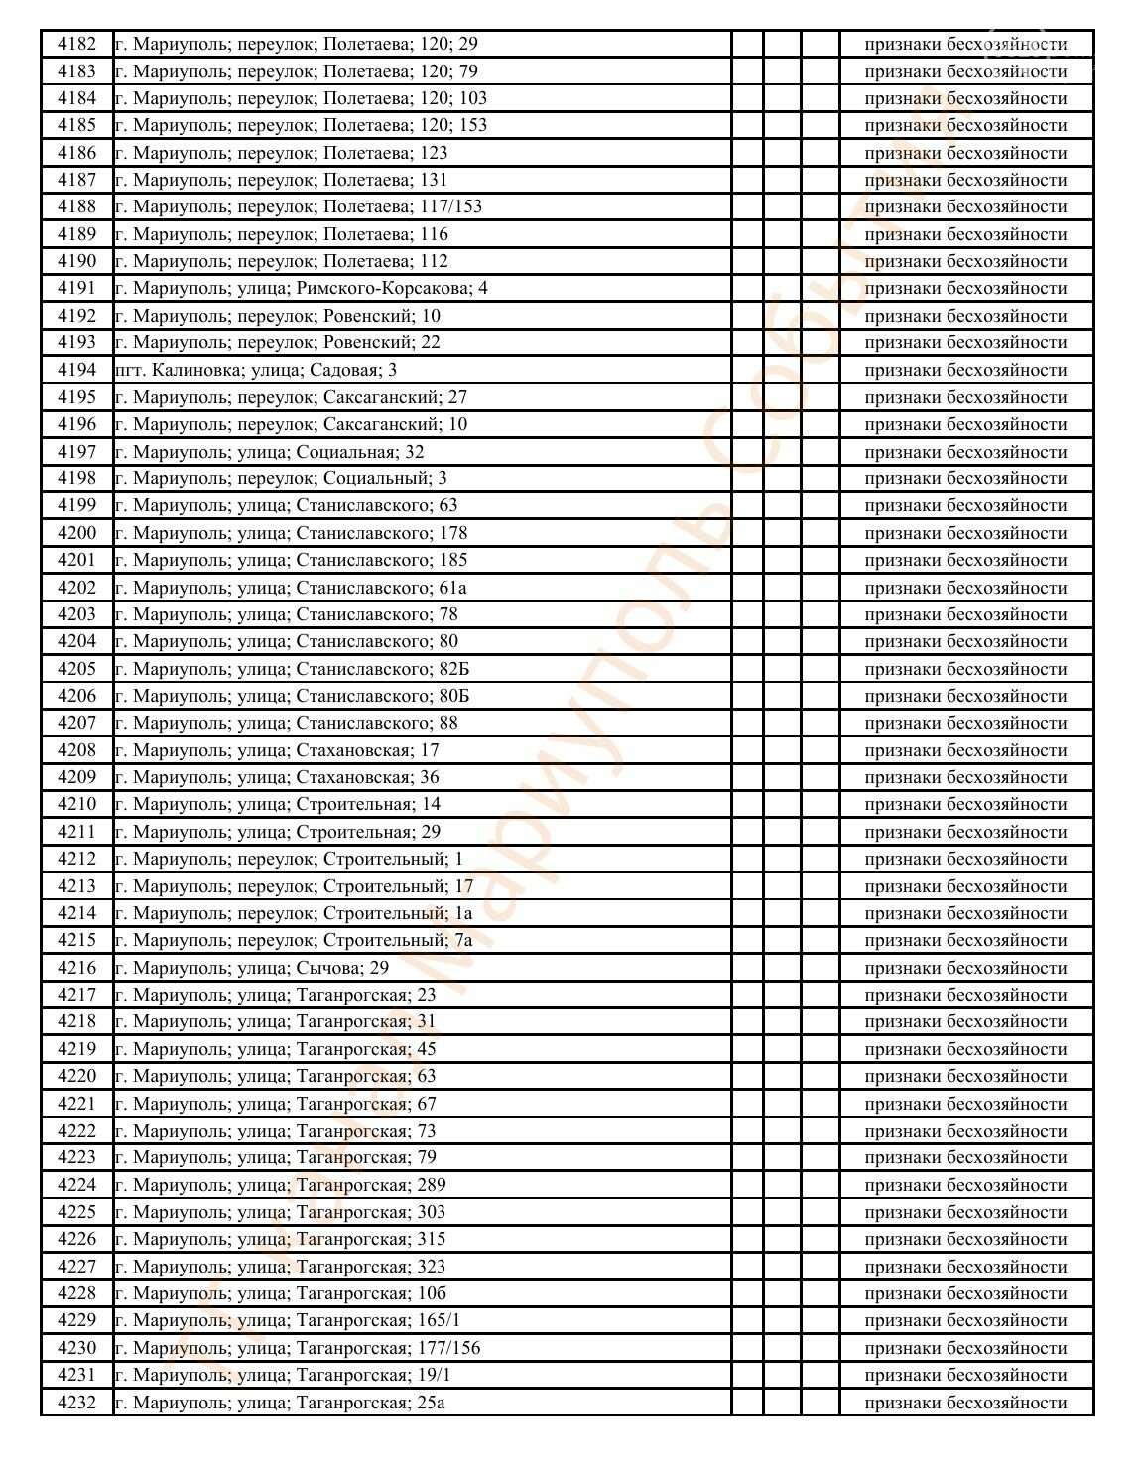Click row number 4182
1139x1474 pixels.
tap(77, 44)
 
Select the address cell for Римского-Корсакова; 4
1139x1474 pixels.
tap(301, 288)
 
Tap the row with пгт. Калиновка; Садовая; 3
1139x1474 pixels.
tap(256, 370)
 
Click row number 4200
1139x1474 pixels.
tap(77, 533)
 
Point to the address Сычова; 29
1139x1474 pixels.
tap(252, 968)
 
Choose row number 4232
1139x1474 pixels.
tap(77, 1403)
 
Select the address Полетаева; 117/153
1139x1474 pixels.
tap(299, 206)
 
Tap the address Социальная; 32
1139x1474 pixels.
tap(269, 452)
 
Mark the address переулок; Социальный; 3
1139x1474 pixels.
tap(281, 478)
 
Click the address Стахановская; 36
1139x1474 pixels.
tap(277, 777)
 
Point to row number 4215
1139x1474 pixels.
tap(77, 940)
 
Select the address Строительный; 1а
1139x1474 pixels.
tap(294, 913)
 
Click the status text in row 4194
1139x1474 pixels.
tap(965, 370)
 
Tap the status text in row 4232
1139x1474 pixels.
tap(965, 1403)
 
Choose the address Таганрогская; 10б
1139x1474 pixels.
tap(281, 1293)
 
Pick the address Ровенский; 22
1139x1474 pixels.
tap(278, 342)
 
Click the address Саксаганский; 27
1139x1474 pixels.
tap(291, 397)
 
